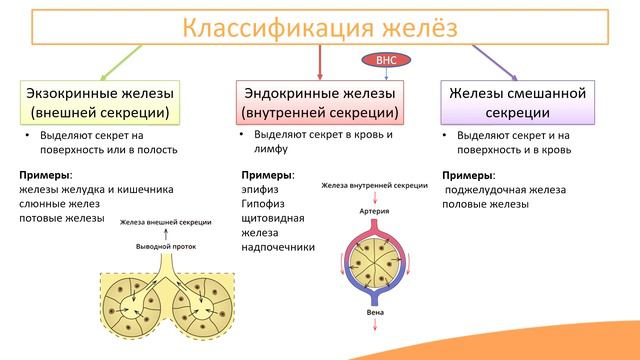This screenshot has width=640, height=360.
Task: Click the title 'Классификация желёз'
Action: [x=320, y=27]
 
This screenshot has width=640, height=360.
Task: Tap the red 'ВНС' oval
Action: [x=387, y=61]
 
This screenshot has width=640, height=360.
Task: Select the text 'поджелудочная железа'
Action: [x=505, y=189]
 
